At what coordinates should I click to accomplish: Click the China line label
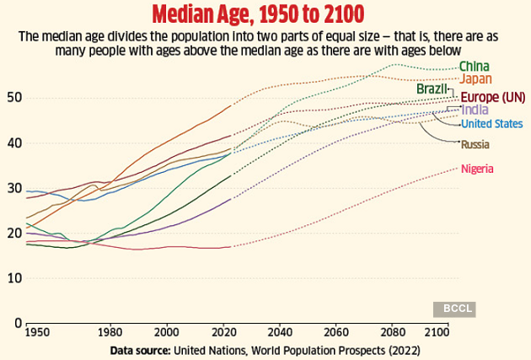click(475, 67)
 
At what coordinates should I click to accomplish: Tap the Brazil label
click(431, 89)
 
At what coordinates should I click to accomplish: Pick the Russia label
click(475, 145)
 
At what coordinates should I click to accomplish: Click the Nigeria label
click(477, 169)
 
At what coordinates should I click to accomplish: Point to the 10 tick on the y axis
click(13, 278)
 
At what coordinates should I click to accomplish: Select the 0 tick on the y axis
click(16, 323)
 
